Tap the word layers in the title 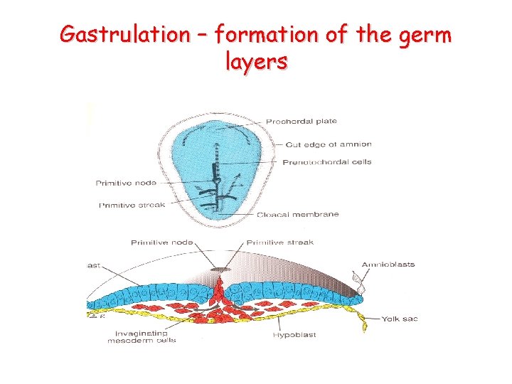click(256, 62)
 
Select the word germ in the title click(424, 33)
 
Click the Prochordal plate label click(302, 122)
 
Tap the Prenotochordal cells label click(327, 161)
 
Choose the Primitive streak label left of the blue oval click(132, 205)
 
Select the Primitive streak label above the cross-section click(280, 242)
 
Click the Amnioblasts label click(388, 265)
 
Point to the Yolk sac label click(399, 318)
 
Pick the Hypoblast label click(294, 334)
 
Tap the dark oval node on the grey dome click(220, 270)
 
